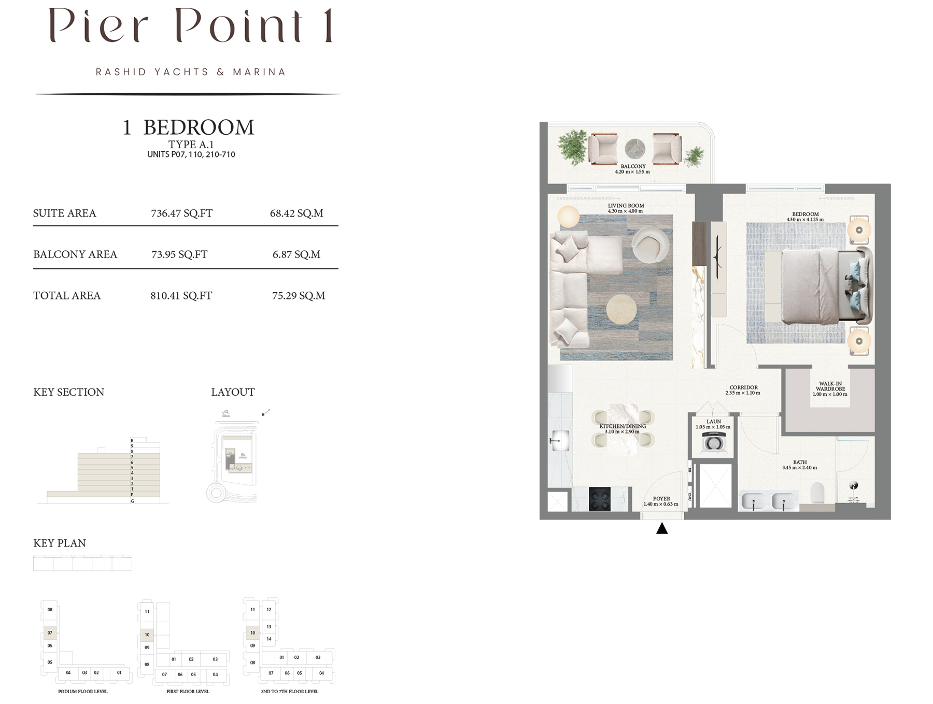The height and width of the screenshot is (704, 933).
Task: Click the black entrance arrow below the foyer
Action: pyautogui.click(x=662, y=529)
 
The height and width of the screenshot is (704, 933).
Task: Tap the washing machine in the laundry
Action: pyautogui.click(x=713, y=443)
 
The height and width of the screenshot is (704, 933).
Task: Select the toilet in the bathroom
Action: pyautogui.click(x=817, y=493)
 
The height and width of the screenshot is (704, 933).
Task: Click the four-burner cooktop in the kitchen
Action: pyautogui.click(x=600, y=499)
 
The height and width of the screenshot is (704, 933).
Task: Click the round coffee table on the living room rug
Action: pyautogui.click(x=621, y=310)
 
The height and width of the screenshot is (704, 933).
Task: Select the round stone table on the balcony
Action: pyautogui.click(x=635, y=149)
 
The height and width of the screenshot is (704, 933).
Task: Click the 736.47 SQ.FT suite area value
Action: pyautogui.click(x=181, y=213)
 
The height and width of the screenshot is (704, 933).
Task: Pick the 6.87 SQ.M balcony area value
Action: pyautogui.click(x=296, y=254)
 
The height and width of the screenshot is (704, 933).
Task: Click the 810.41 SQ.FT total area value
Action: pyautogui.click(x=181, y=296)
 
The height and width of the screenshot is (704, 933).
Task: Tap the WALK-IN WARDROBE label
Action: pyautogui.click(x=830, y=389)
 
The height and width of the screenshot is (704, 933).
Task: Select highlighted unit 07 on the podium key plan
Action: pyautogui.click(x=50, y=633)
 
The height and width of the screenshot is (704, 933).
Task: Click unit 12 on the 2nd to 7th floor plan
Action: pyautogui.click(x=269, y=609)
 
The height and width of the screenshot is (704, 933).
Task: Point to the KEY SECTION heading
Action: pyautogui.click(x=68, y=392)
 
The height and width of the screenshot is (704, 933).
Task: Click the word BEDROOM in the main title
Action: pyautogui.click(x=199, y=127)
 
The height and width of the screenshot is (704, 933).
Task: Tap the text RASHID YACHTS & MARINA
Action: pyautogui.click(x=190, y=72)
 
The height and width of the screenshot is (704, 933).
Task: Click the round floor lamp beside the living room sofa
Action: pyautogui.click(x=568, y=216)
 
